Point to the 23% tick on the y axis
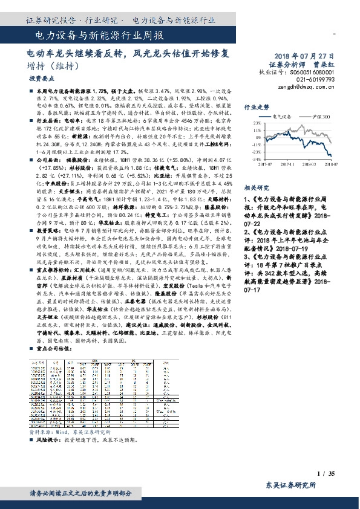[x=257, y=122]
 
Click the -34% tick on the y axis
[x=257, y=160]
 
